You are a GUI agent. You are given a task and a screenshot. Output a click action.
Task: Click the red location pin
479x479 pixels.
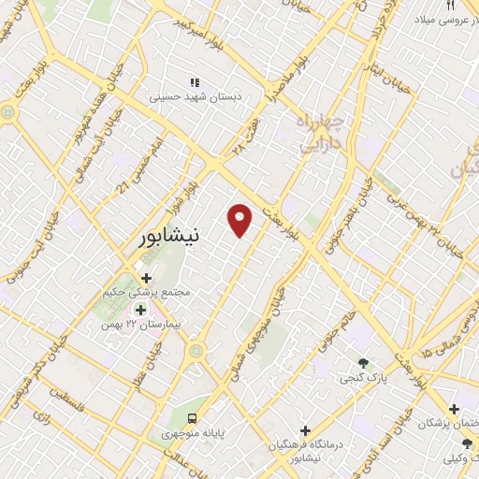point(241,220)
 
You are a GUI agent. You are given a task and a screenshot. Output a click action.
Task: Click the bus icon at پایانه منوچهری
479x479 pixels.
point(192,417)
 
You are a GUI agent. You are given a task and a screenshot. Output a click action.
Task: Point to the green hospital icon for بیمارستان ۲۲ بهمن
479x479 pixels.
point(140,310)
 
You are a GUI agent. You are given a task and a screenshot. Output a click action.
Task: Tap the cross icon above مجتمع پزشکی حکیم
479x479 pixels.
point(146,277)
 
